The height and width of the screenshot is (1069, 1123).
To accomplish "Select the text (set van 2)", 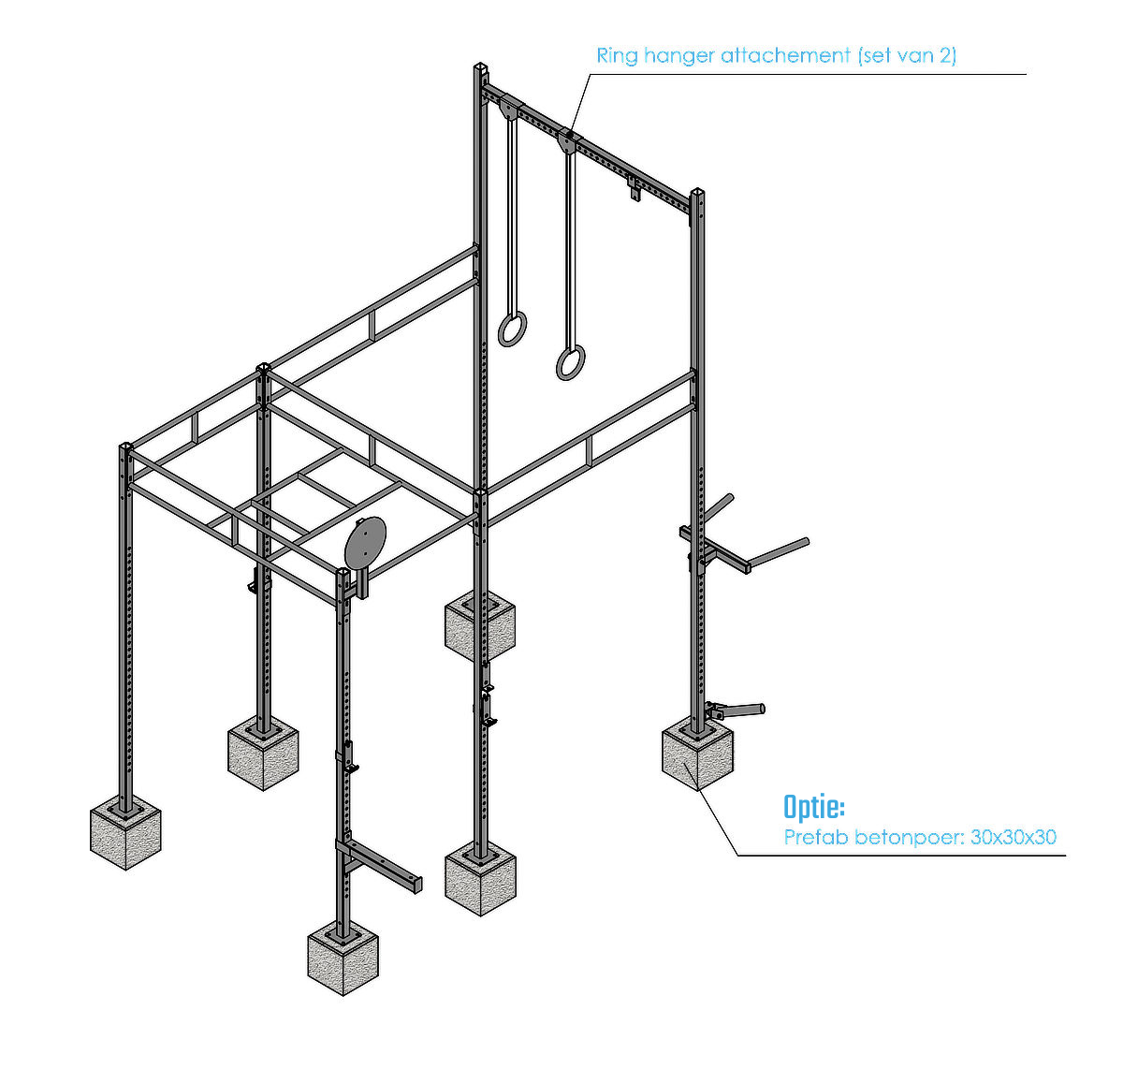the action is point(907,55).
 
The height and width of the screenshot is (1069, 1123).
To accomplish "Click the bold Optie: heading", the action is point(814,807).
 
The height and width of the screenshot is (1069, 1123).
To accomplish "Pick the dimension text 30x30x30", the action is point(1013,837).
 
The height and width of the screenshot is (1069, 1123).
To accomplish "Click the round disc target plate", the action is point(366,542).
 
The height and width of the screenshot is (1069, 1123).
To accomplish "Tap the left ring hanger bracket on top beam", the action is point(510,108).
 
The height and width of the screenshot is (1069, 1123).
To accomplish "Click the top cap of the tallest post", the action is point(480,66).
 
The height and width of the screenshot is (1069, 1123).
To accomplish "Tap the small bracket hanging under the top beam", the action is point(634,188).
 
